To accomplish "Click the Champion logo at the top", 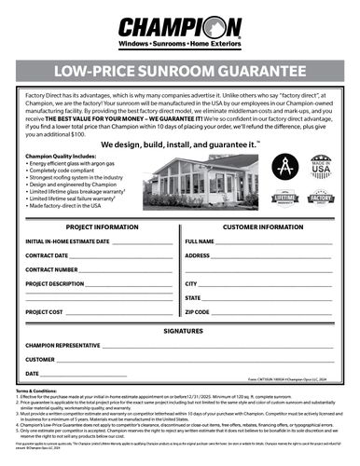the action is (179, 27).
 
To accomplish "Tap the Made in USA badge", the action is (319, 168).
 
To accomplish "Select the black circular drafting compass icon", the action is (284, 168).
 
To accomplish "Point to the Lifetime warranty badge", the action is (284, 199).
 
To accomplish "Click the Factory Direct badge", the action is (319, 199).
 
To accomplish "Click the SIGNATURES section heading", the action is (179, 330).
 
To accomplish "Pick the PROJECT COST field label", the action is (45, 311).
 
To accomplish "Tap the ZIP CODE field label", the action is (198, 311).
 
